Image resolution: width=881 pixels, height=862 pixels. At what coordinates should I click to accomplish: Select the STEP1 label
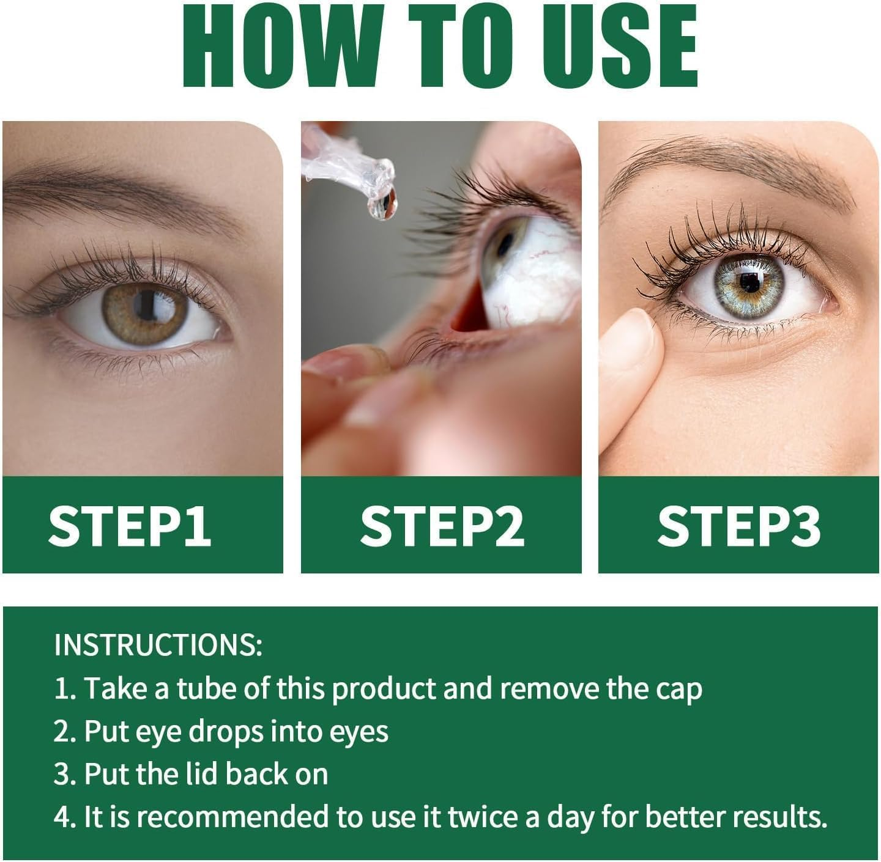click(130, 525)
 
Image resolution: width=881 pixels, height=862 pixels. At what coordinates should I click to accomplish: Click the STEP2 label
click(442, 525)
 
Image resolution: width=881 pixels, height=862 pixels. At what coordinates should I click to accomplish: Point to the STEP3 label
click(738, 525)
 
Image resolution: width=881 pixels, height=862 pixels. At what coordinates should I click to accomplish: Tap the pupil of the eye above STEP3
click(749, 281)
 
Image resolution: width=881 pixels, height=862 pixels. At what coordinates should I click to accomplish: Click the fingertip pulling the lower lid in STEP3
click(633, 342)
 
